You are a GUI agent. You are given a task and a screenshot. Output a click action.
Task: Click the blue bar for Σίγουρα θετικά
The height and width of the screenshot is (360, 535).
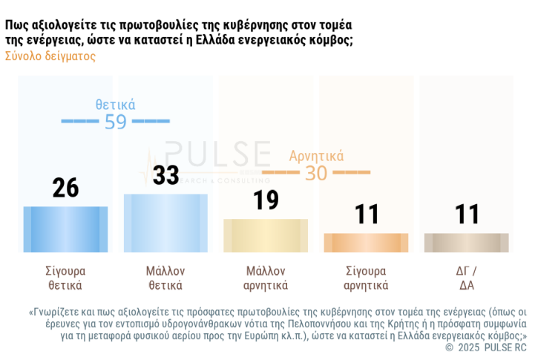[65, 229]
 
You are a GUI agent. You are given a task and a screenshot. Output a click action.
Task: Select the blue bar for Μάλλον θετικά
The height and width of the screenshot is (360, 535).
[165, 223]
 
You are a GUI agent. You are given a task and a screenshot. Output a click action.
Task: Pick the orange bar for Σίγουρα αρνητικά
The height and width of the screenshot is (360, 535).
[366, 243]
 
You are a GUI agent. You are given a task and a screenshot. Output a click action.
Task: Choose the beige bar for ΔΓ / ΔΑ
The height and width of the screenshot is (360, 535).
[467, 243]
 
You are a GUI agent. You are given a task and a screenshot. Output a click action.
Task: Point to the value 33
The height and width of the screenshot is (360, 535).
[165, 175]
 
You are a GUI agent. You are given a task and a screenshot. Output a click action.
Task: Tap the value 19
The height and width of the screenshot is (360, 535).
[266, 200]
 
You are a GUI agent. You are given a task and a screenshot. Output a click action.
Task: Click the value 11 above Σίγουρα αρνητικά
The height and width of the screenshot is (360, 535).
[366, 215]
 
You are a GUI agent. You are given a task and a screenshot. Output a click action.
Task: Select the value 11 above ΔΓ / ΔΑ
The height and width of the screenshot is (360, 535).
[467, 215]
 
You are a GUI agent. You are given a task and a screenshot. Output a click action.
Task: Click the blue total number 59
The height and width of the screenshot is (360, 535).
[116, 122]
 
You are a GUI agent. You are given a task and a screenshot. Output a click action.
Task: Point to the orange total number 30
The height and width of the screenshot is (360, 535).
[316, 173]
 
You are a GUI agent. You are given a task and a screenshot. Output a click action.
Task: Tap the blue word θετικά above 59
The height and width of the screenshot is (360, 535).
[115, 105]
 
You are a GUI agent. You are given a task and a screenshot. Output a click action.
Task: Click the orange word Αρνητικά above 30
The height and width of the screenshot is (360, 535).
[316, 156]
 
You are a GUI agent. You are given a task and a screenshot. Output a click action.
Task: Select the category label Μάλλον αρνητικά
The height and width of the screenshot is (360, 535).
[266, 278]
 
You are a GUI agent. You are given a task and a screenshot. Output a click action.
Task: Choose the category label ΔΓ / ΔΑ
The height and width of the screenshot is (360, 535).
[467, 278]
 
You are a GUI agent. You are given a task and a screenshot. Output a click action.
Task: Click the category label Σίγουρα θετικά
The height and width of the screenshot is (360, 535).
[65, 278]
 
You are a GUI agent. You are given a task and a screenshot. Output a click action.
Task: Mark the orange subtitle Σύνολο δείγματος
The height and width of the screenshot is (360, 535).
[50, 56]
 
